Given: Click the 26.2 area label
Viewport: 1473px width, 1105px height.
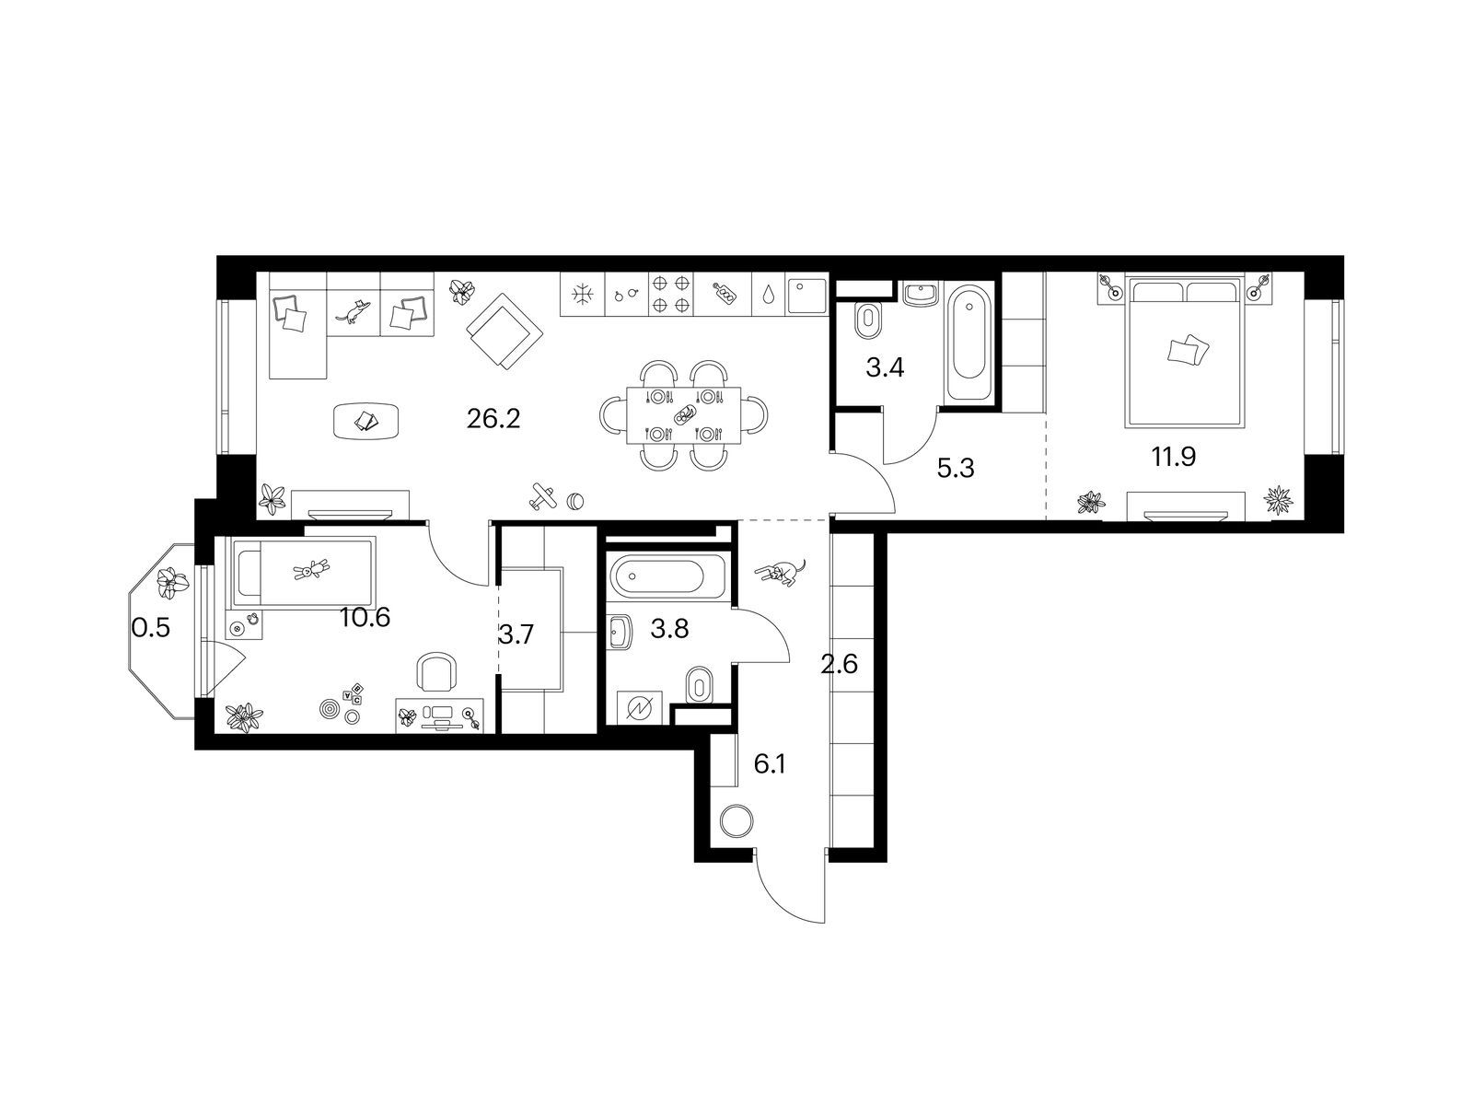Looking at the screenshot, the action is point(493,419).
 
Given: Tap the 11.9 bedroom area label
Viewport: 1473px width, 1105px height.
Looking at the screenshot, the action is point(1173,458).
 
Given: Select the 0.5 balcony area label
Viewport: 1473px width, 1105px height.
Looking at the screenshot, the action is point(151,629).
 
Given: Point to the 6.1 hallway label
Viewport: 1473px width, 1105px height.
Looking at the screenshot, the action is point(769,764).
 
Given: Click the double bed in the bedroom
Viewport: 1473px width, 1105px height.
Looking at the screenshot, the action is point(1183,354).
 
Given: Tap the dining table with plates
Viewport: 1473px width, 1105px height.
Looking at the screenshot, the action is point(684,415).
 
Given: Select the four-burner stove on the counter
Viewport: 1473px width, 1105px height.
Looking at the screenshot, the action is point(671,294).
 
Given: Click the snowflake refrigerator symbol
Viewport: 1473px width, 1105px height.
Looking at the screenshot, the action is point(583,293).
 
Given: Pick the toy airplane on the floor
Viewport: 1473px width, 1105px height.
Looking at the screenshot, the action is point(543,497).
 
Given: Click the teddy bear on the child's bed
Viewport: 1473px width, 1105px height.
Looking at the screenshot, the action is point(312,570).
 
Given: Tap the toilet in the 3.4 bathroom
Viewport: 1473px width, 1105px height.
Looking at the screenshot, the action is point(868,320).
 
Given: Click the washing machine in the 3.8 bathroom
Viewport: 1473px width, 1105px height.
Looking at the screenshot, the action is point(639,707).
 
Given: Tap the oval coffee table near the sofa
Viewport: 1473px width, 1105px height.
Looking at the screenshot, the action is point(367,421).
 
